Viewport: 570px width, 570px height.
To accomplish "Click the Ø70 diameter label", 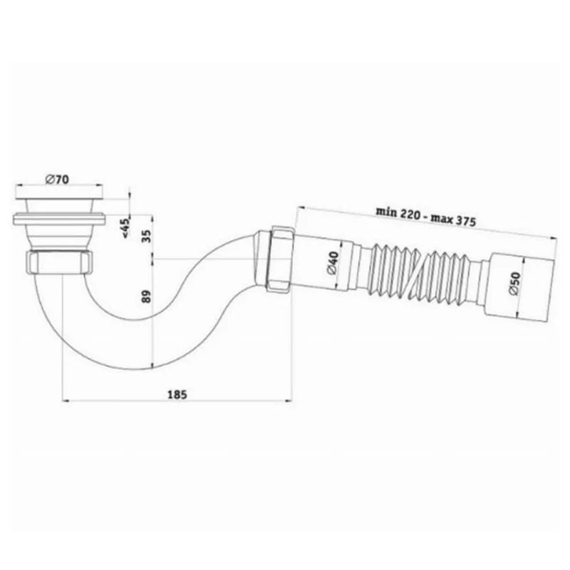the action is click(57, 180).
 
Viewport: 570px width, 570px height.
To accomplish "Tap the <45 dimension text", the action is click(125, 228).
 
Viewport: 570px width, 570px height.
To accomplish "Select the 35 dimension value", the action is click(146, 237).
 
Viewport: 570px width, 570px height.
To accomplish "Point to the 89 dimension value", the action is click(146, 296).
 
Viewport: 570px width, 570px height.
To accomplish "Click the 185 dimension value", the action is click(177, 395).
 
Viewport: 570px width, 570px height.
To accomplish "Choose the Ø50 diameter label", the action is click(514, 284).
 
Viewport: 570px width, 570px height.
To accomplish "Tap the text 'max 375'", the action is click(453, 219).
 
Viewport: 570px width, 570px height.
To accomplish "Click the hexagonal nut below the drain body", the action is click(60, 261).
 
